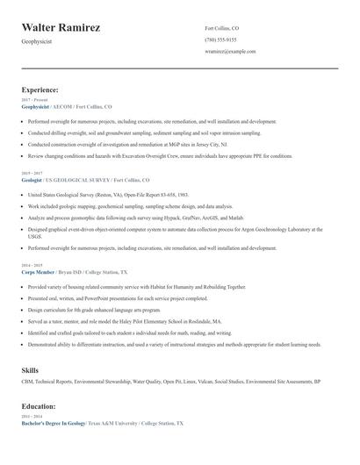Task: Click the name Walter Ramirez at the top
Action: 61,27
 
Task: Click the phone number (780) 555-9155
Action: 220,39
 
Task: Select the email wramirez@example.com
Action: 230,52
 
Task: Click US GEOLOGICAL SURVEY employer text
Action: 83,179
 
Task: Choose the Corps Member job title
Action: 38,272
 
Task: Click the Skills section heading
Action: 30,370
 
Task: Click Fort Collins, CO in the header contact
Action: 222,28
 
